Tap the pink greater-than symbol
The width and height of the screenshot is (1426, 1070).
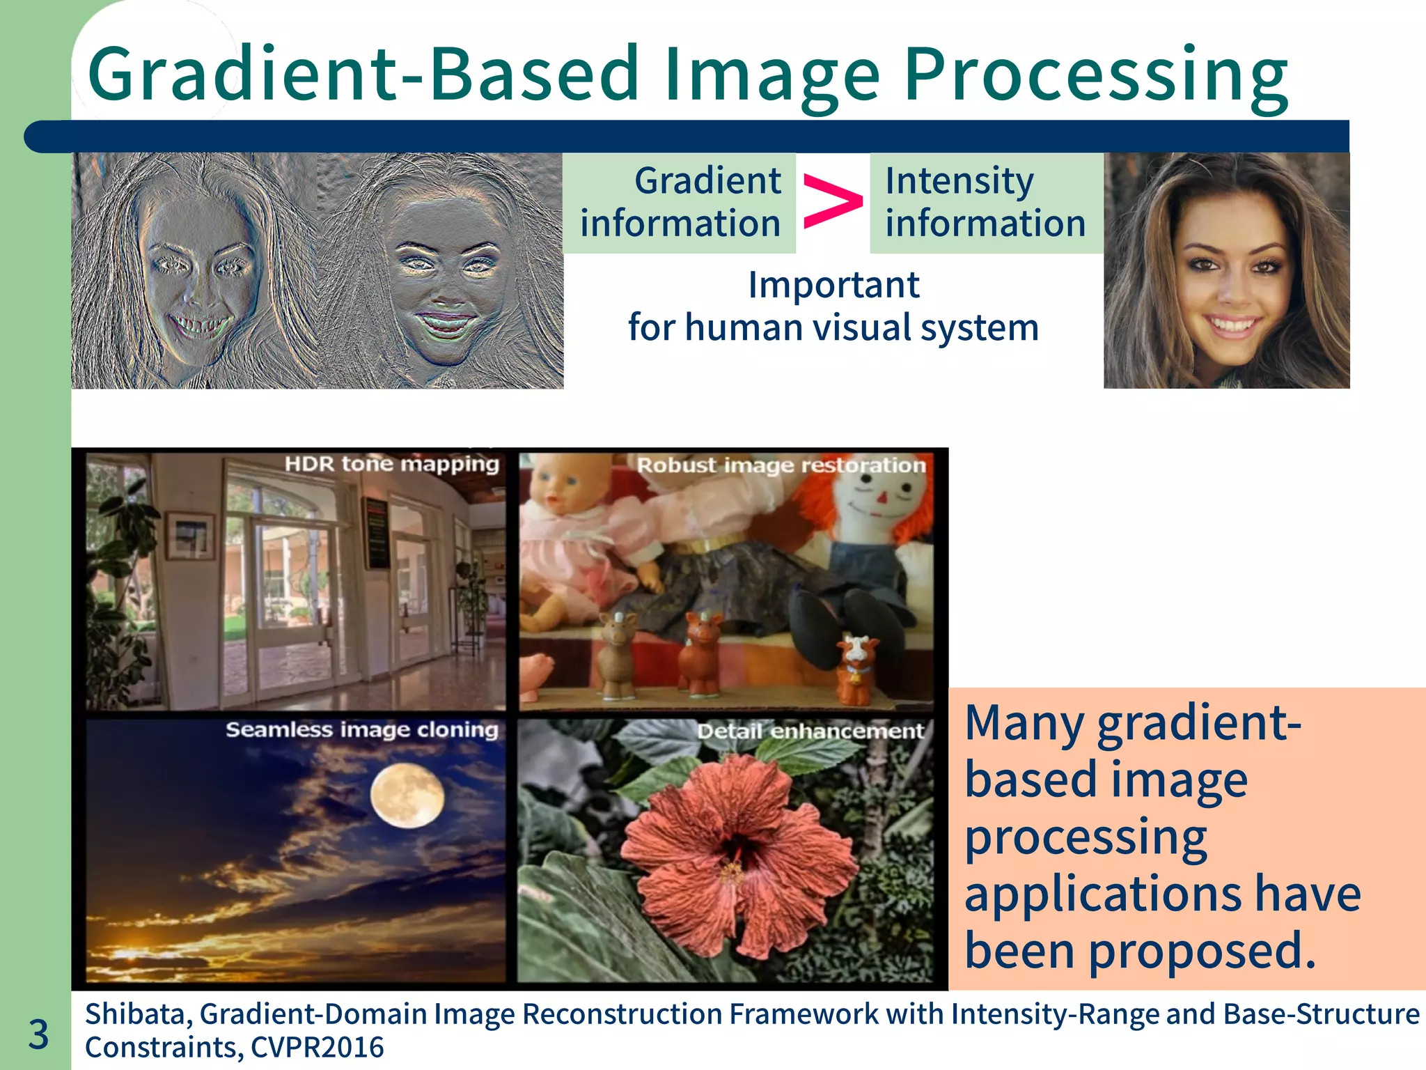pos(832,202)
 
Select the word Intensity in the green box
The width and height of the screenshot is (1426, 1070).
pos(959,181)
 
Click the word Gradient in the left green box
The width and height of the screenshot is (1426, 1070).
pos(707,181)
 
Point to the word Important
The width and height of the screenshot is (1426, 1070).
pos(833,285)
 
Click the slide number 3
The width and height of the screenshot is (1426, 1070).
pos(39,1034)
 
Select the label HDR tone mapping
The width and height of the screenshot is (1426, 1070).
pos(392,464)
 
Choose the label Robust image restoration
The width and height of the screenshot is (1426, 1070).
pos(781,465)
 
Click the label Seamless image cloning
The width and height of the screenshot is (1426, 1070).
pos(362,730)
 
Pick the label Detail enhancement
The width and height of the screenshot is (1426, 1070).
pos(810,731)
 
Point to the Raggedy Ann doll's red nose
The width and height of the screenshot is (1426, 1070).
pos(882,497)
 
